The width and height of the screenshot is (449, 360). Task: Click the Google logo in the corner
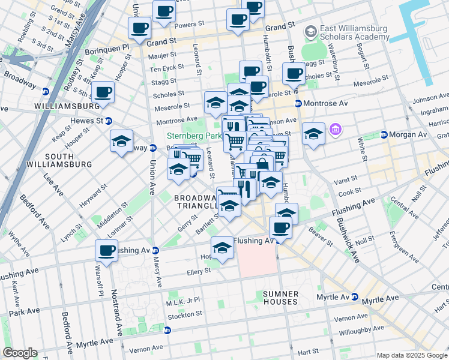point(20,353)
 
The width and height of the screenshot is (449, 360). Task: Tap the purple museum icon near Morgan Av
point(335,129)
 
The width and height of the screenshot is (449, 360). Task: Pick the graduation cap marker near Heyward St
point(122,141)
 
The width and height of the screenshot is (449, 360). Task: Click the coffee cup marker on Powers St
point(140,27)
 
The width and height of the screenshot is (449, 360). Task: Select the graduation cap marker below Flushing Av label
point(222,248)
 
